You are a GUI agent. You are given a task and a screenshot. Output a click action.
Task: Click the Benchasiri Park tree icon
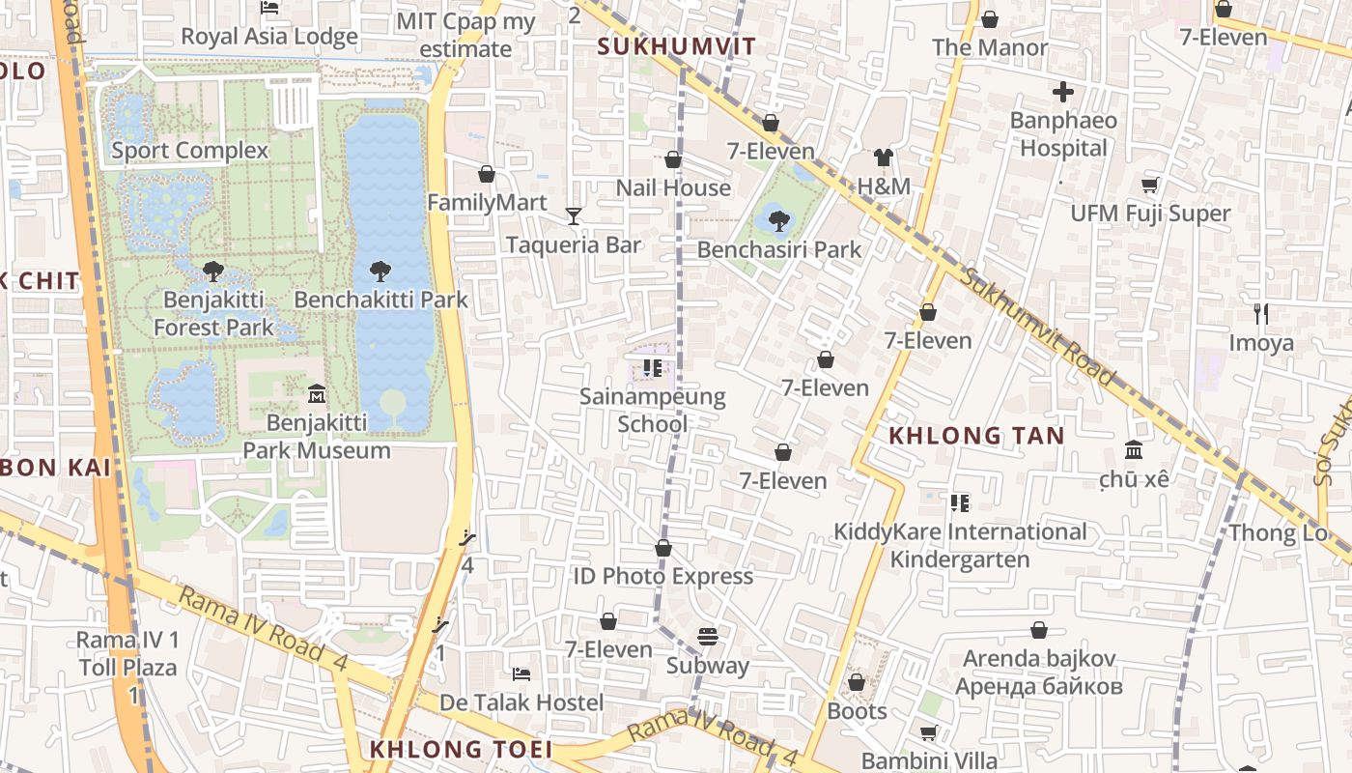click(779, 221)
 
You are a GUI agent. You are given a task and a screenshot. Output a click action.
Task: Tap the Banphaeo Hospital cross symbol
click(1063, 93)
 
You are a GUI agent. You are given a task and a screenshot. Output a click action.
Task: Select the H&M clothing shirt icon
click(884, 157)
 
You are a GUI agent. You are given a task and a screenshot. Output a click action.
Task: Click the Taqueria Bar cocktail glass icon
click(574, 216)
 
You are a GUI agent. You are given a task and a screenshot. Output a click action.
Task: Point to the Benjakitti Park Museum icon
click(317, 394)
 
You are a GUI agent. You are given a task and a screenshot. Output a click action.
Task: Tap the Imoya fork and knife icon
click(1260, 314)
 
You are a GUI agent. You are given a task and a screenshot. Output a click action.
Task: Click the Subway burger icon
click(708, 638)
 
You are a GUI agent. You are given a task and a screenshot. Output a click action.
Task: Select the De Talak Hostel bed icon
click(521, 673)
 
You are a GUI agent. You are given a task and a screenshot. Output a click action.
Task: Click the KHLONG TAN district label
click(975, 436)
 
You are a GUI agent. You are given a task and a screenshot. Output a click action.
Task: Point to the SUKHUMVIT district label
click(676, 46)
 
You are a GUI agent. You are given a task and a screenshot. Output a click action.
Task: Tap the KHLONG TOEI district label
click(461, 750)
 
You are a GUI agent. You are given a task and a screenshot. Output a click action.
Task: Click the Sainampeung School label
click(653, 410)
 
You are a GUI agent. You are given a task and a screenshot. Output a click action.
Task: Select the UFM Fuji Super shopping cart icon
click(1150, 185)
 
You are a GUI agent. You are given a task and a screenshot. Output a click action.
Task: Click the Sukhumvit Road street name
click(1039, 326)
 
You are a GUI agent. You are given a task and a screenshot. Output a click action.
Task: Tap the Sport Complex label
click(189, 150)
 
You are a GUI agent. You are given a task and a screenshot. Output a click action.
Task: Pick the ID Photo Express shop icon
click(663, 548)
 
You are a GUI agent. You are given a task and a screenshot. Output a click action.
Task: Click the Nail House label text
click(673, 187)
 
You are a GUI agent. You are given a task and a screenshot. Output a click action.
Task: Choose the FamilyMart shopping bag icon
click(487, 174)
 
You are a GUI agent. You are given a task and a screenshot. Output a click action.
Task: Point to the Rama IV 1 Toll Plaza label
click(127, 654)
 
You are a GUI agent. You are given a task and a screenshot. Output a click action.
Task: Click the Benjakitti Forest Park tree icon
click(213, 272)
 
